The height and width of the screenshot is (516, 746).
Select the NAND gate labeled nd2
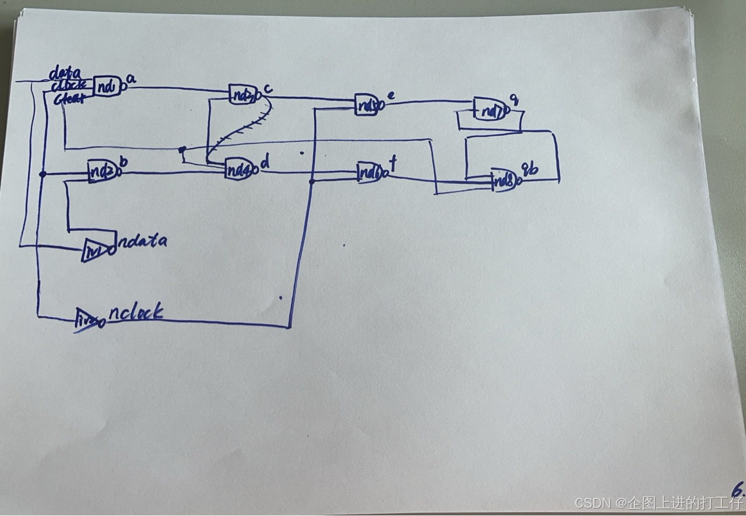point(102,171)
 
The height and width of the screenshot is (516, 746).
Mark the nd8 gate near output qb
point(505,180)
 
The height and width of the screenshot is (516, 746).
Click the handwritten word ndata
point(142,241)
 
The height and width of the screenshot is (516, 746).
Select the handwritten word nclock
point(136,313)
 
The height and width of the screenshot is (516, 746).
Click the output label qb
point(532,169)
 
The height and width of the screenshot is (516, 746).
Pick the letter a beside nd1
point(131,80)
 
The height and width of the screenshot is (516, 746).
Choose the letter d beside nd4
point(265,164)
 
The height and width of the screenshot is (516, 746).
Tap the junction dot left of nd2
point(43,174)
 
